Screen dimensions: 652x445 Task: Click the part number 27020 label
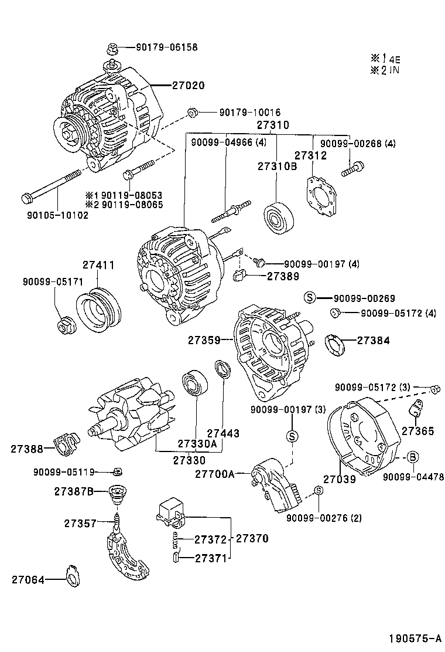[188, 86]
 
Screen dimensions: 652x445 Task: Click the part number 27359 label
[204, 339]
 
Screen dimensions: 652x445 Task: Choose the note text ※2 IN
[384, 70]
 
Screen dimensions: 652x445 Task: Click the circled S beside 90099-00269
[310, 298]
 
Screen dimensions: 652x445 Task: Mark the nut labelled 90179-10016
[191, 112]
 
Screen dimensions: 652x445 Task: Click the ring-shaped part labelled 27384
[335, 344]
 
